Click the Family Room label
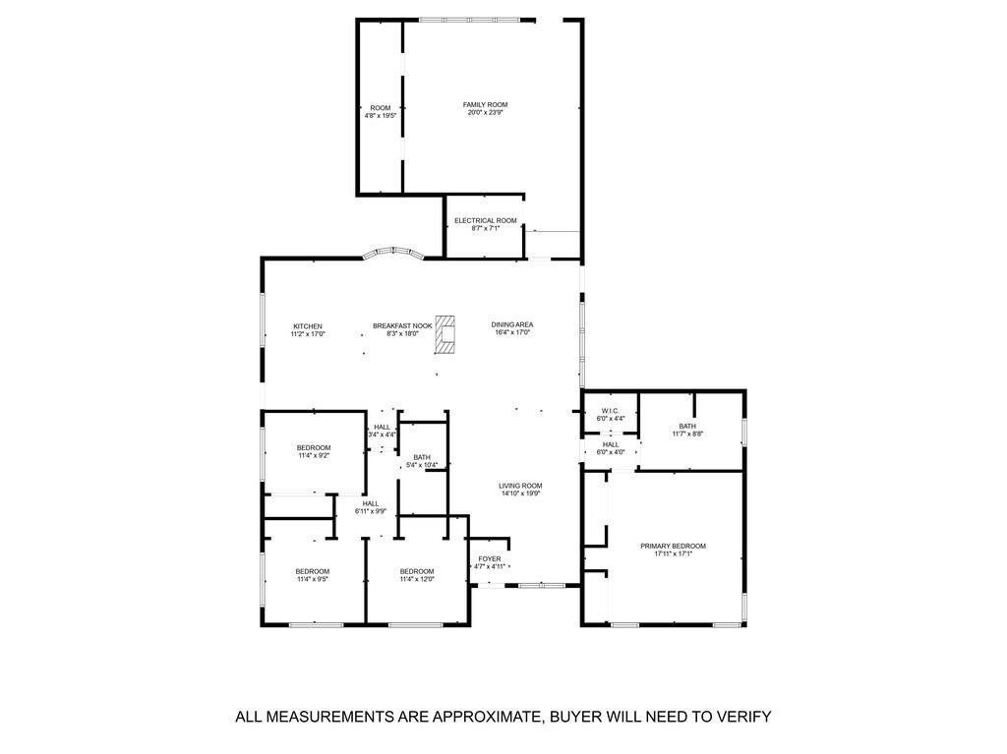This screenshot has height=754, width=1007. [486, 104]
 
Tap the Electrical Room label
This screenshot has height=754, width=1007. [485, 220]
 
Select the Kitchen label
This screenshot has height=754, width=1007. [308, 326]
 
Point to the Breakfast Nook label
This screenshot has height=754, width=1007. [402, 326]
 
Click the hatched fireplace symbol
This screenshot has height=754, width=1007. [447, 333]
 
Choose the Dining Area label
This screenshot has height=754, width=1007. [512, 324]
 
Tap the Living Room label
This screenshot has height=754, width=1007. [520, 486]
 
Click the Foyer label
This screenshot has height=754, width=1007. [490, 558]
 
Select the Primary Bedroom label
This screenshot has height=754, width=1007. [673, 546]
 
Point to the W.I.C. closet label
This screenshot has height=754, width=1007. [609, 411]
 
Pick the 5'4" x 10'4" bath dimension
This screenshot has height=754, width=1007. [422, 465]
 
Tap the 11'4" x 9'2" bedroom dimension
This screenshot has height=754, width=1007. [314, 456]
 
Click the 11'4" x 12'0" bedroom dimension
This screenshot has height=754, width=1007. [417, 579]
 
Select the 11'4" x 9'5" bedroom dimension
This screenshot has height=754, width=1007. [313, 579]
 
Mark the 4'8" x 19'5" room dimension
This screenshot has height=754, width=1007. [381, 116]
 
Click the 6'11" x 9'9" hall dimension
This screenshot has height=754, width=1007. [371, 511]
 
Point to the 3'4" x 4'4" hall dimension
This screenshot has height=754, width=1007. [382, 435]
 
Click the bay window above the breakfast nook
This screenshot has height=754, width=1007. [393, 253]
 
